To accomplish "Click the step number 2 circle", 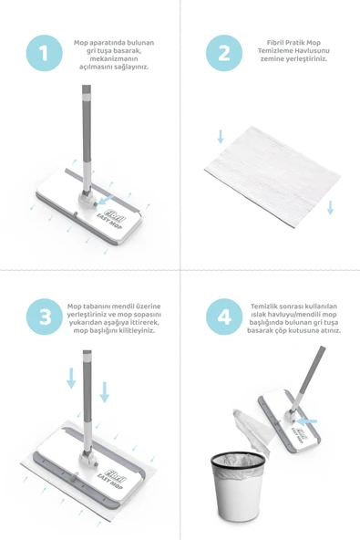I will (x=224, y=53).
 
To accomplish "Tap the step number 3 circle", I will (x=43, y=317).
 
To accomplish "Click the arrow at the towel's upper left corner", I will (x=220, y=137).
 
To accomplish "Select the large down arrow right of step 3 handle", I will (x=104, y=391).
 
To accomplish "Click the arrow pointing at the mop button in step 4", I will (x=310, y=421).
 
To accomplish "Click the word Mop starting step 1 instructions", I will (x=81, y=42).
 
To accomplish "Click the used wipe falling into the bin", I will (x=248, y=425).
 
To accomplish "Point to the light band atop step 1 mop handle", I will (x=87, y=93).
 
